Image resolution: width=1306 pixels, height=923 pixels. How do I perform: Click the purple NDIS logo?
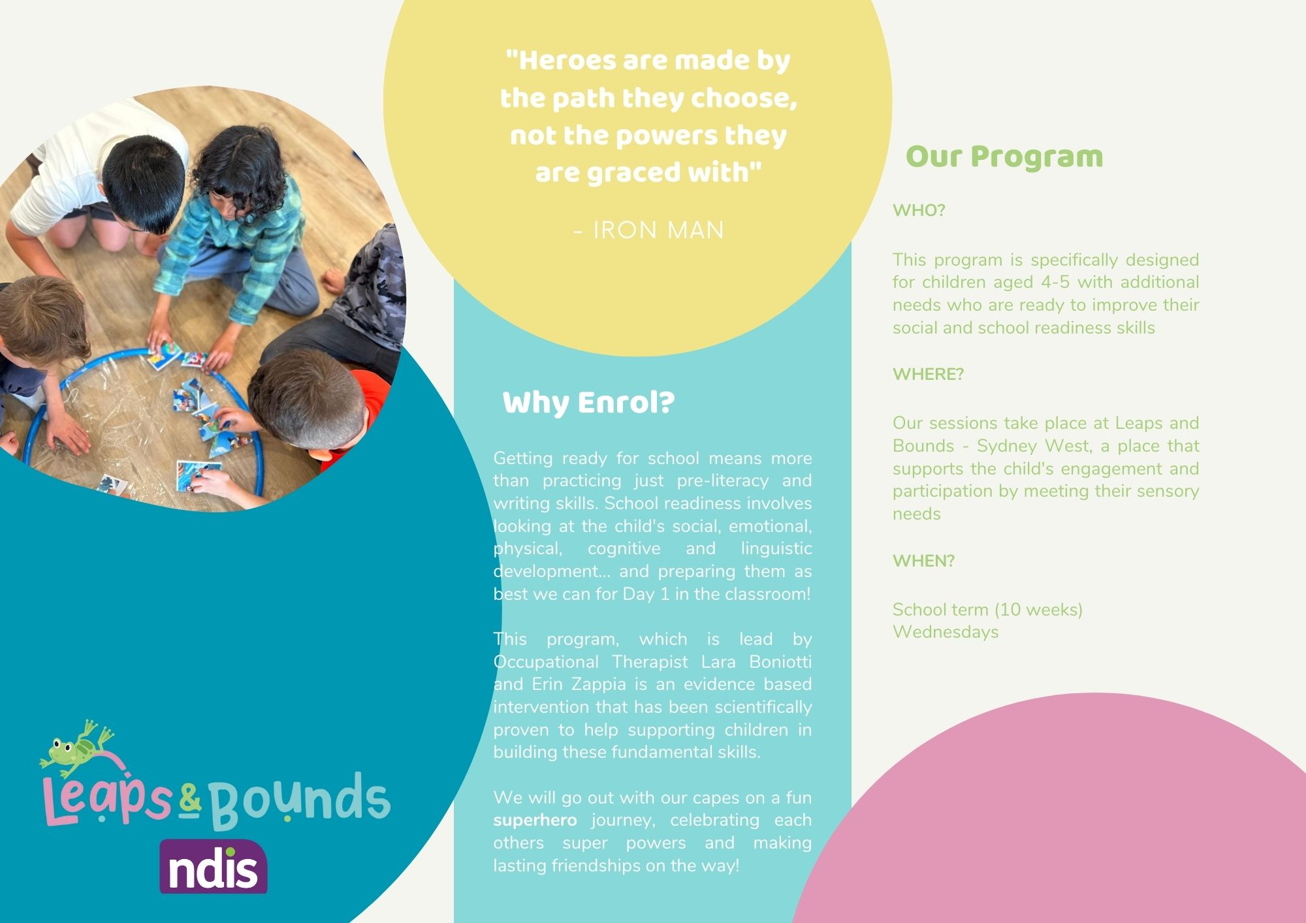(x=214, y=866)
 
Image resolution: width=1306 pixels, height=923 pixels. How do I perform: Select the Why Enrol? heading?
(x=588, y=403)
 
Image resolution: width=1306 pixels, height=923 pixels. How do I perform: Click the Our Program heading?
(x=1004, y=157)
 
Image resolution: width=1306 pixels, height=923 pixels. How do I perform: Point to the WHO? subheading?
(x=919, y=210)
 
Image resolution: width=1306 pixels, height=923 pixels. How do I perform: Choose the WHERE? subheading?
(x=928, y=374)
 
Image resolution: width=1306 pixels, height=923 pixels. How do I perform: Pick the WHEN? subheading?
(x=923, y=561)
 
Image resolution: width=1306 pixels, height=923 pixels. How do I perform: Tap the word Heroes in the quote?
(x=561, y=61)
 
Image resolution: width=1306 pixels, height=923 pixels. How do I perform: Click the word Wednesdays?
(x=946, y=632)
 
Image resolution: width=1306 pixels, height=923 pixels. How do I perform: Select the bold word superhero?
(x=535, y=821)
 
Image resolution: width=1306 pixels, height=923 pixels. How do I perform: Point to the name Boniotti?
(x=780, y=662)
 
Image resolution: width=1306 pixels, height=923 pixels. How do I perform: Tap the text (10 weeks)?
(x=1038, y=610)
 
